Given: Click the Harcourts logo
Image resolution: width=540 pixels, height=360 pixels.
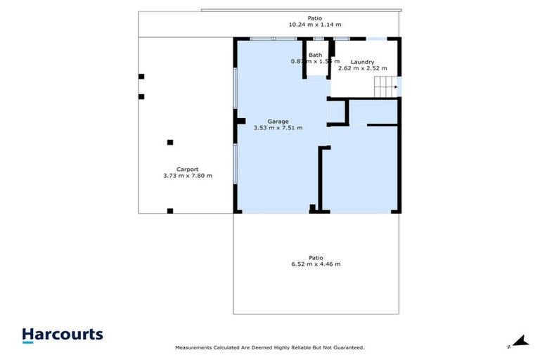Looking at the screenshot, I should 63,335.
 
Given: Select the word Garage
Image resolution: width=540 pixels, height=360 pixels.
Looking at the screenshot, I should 278,121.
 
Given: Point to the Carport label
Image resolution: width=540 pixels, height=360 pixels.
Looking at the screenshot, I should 187,169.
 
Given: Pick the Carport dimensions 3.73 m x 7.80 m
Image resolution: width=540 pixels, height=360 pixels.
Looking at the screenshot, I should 187,176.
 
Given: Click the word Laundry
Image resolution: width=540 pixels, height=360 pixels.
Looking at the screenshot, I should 363,61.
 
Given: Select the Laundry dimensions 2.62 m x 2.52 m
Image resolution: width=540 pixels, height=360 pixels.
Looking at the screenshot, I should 363,68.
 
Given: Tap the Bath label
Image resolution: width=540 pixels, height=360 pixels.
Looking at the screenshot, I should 315,55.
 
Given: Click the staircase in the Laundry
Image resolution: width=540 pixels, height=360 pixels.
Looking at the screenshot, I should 384,88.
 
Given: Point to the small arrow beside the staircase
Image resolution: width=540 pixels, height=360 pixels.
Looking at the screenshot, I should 398,88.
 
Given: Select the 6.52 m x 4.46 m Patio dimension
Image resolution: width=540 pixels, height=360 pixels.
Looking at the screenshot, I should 316,264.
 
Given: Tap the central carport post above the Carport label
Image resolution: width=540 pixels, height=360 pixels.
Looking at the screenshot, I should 170,142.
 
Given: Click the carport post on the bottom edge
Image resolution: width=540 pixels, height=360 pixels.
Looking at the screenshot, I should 170,210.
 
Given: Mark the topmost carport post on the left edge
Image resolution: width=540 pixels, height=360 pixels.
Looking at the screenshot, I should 141,76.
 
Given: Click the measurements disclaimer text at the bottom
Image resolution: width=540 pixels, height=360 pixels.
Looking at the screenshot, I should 269,347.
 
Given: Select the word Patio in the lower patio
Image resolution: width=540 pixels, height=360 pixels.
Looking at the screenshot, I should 316,257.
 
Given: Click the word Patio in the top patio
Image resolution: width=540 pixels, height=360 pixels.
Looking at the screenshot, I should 315,18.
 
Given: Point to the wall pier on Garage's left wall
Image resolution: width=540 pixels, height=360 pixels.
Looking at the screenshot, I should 240,121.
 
